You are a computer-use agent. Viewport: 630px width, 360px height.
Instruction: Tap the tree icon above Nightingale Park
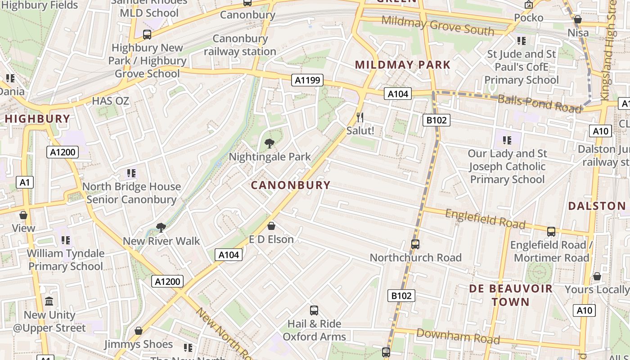[x=270, y=144]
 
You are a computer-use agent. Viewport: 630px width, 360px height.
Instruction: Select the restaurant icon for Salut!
[x=360, y=117]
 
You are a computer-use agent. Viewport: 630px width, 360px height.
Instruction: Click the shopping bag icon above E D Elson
[x=271, y=226]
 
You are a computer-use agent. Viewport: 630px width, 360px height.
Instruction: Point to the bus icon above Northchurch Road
[x=415, y=244]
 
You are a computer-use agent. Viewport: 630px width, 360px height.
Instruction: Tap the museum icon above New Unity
[x=49, y=301]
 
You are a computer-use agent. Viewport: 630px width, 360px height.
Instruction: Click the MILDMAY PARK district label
[x=402, y=65]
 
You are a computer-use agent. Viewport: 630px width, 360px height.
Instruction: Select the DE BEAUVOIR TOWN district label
[x=511, y=295]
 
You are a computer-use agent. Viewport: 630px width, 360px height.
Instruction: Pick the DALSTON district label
[x=597, y=206]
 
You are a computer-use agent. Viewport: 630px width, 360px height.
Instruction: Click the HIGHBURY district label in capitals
[x=37, y=119]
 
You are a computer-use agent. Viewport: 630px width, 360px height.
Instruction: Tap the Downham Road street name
[x=458, y=336]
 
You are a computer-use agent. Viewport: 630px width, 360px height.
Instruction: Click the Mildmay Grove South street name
[x=437, y=26]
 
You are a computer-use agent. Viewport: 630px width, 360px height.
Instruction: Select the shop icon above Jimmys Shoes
[x=139, y=331]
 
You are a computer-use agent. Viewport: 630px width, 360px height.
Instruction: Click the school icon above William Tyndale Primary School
[x=66, y=240]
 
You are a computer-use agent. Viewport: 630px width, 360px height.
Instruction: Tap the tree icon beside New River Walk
[x=161, y=228]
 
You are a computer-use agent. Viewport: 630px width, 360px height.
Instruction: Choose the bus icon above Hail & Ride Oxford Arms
[x=314, y=310]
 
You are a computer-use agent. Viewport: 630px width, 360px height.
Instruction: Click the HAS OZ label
[x=110, y=101]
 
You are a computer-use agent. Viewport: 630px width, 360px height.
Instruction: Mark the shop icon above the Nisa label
[x=578, y=20]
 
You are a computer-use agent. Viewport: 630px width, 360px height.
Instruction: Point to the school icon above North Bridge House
[x=131, y=173]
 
